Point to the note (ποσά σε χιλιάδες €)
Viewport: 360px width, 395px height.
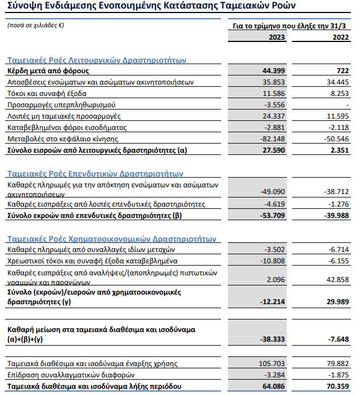[x=35, y=26]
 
